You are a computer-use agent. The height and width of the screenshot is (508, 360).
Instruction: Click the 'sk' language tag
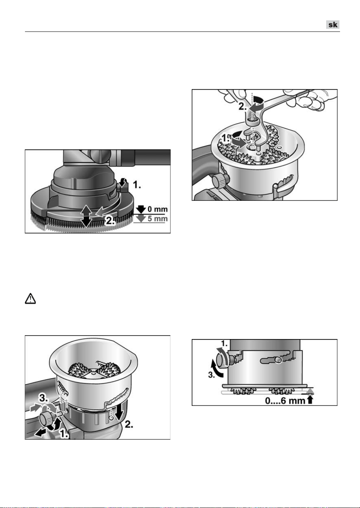333,25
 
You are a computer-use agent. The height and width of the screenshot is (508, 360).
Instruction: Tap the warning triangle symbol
30,298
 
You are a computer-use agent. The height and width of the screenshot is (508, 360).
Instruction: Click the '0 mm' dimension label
158,209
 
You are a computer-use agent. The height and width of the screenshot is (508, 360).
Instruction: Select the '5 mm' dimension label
158,218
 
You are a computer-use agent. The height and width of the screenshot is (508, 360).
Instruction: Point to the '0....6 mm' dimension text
285,401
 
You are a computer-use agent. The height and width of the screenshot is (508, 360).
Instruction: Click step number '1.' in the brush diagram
137,185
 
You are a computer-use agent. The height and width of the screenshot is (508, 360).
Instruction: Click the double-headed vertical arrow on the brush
86,216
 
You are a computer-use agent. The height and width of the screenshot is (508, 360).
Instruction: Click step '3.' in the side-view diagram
212,375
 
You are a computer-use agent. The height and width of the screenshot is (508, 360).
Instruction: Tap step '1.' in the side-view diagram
224,344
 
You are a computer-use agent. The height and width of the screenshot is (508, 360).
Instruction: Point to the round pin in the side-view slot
278,360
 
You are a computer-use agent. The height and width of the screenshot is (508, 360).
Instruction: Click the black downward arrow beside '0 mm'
141,209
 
